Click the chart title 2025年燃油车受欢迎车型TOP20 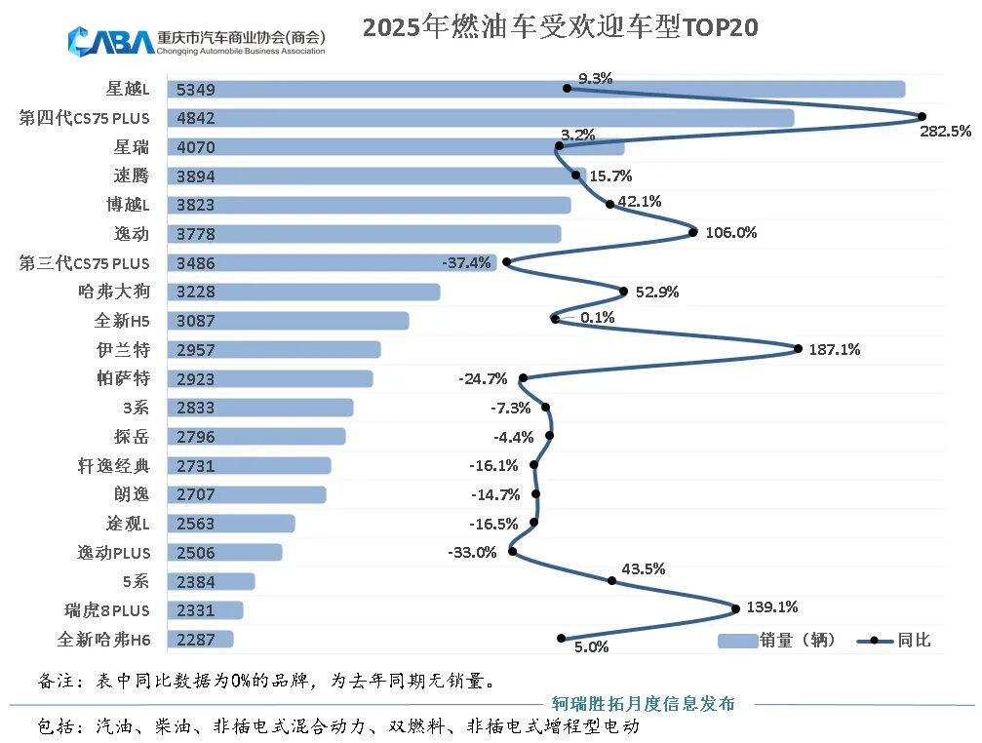click(560, 27)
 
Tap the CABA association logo click(195, 42)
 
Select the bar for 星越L click(536, 90)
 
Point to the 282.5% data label click(945, 131)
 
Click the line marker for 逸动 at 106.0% click(693, 232)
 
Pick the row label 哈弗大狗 click(113, 292)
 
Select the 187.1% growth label click(835, 349)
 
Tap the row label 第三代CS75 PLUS click(85, 263)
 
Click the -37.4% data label click(466, 262)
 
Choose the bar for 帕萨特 click(270, 378)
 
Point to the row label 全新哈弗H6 click(103, 640)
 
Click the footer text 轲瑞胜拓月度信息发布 click(644, 703)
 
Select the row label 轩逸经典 click(113, 466)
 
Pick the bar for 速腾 click(371, 176)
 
